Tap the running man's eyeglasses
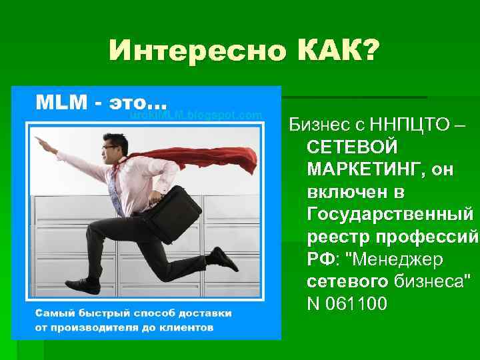click(109, 147)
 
